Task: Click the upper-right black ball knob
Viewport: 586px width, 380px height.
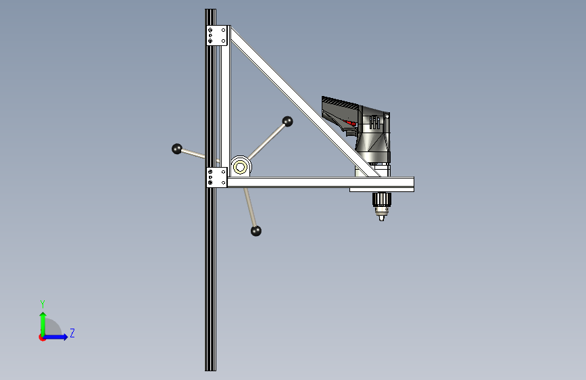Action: pos(287,122)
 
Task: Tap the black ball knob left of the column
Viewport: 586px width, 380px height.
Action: pos(177,149)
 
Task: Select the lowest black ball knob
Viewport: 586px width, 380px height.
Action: pos(256,231)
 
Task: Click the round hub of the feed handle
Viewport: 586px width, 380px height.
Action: pos(240,166)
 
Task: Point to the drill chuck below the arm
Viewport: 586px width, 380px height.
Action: pos(382,206)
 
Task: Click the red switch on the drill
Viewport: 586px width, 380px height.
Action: pos(351,122)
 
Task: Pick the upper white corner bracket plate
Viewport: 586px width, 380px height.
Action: pos(217,36)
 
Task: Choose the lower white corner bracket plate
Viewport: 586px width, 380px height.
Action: pos(217,177)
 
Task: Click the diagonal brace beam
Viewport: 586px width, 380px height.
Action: pos(305,101)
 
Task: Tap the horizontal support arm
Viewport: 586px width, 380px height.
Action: pos(320,182)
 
